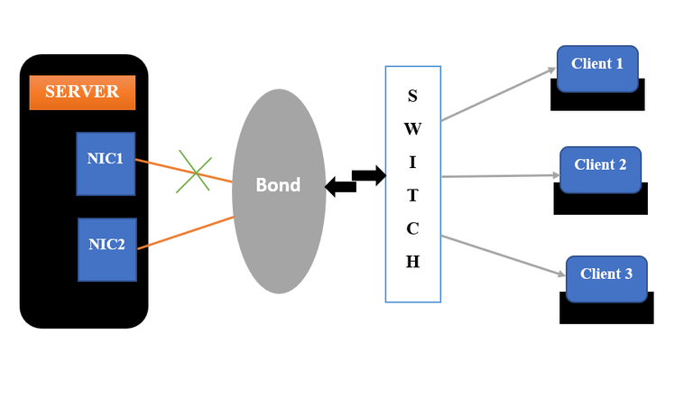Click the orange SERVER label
pyautogui.click(x=82, y=92)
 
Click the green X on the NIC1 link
pyautogui.click(x=194, y=172)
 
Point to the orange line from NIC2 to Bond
pyautogui.click(x=185, y=232)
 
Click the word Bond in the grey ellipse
pyautogui.click(x=278, y=185)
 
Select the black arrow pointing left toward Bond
pyautogui.click(x=339, y=187)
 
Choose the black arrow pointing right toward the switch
pyautogui.click(x=368, y=174)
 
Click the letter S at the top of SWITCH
pyautogui.click(x=412, y=95)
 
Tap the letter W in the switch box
pyautogui.click(x=412, y=128)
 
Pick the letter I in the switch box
pyautogui.click(x=412, y=162)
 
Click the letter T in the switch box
pyautogui.click(x=412, y=195)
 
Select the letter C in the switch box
pyautogui.click(x=412, y=228)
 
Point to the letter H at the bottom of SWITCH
pyautogui.click(x=412, y=262)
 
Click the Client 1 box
pyautogui.click(x=597, y=69)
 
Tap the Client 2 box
pyautogui.click(x=600, y=169)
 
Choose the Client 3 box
pyautogui.click(x=606, y=278)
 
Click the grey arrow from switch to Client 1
pyautogui.click(x=498, y=94)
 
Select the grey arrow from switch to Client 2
pyautogui.click(x=501, y=176)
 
